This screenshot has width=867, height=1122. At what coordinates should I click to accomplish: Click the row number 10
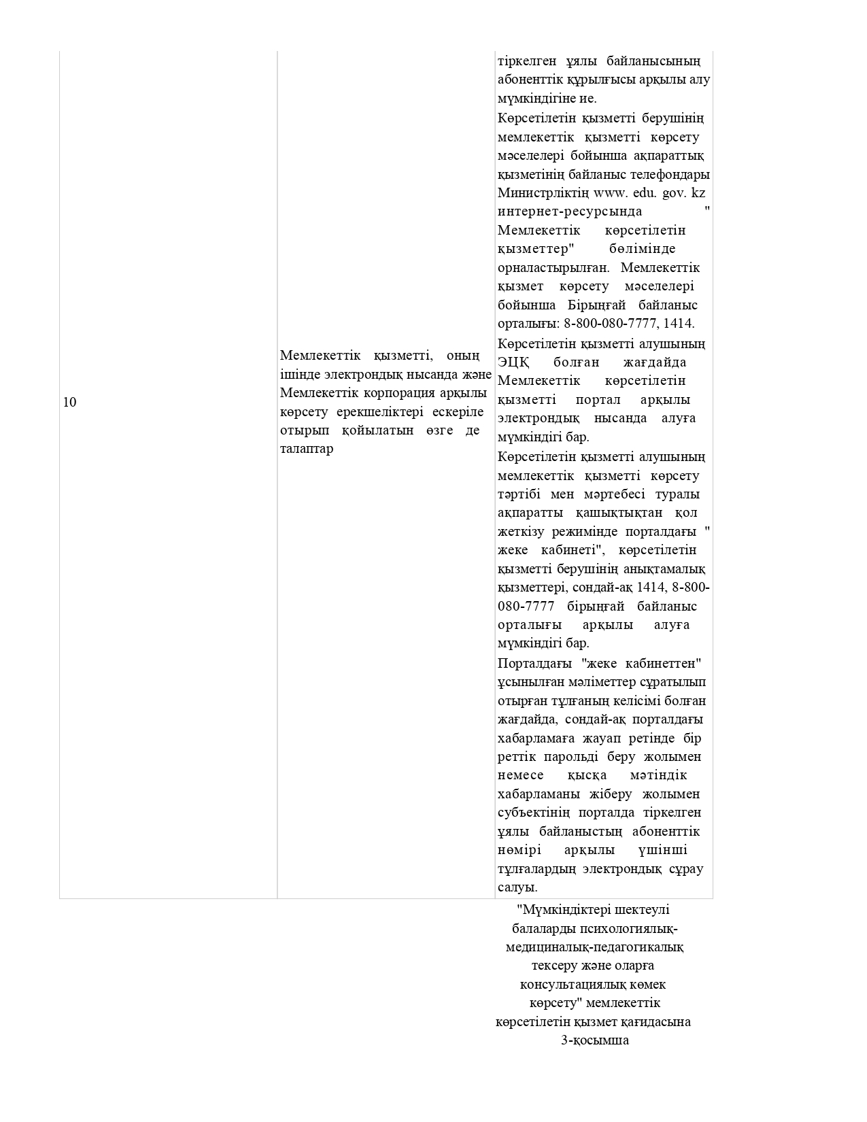69,402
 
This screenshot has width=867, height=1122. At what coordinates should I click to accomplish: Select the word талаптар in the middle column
307,449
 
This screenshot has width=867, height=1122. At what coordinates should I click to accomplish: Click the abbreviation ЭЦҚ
514,362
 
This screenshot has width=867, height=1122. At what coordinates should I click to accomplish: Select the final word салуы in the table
517,887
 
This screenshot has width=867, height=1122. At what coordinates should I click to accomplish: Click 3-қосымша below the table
594,1040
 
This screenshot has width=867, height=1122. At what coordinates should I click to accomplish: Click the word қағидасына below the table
657,1022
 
